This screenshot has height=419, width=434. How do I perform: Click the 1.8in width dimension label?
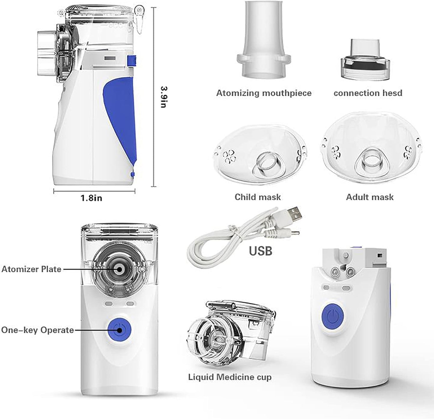click(91, 198)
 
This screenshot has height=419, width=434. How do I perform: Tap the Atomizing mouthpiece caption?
click(264, 93)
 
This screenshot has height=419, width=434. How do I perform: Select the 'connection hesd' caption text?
click(368, 93)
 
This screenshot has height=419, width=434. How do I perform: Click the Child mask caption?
click(258, 197)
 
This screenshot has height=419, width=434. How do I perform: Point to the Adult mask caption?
click(369, 197)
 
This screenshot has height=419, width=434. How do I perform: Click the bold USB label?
click(260, 251)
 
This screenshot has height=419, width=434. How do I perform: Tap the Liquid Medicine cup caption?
click(230, 377)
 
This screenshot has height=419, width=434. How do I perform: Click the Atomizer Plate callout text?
click(32, 269)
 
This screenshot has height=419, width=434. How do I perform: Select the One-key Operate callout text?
click(38, 330)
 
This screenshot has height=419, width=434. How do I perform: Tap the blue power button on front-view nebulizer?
click(119, 330)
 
